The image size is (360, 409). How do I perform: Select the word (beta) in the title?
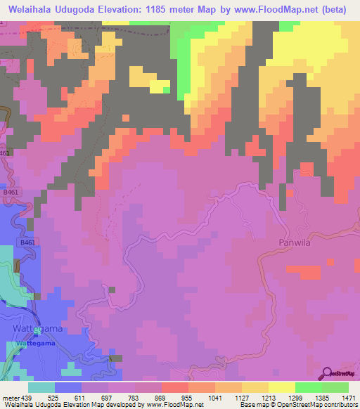pyautogui.click(x=335, y=10)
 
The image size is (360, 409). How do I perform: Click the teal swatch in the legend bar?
pyautogui.click(x=41, y=387)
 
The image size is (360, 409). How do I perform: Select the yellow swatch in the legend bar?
pyautogui.click(x=281, y=387)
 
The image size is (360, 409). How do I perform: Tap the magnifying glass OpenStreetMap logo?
pyautogui.click(x=327, y=372)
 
